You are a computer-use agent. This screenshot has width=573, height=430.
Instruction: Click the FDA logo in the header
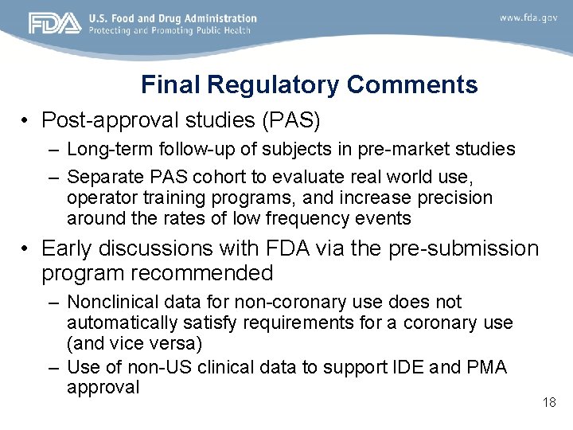55,24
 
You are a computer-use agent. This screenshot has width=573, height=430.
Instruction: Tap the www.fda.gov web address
528,18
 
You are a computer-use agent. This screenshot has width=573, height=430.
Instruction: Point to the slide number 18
549,402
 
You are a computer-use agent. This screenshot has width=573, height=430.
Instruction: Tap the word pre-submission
464,248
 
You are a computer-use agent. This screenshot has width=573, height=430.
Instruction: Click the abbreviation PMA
489,367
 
